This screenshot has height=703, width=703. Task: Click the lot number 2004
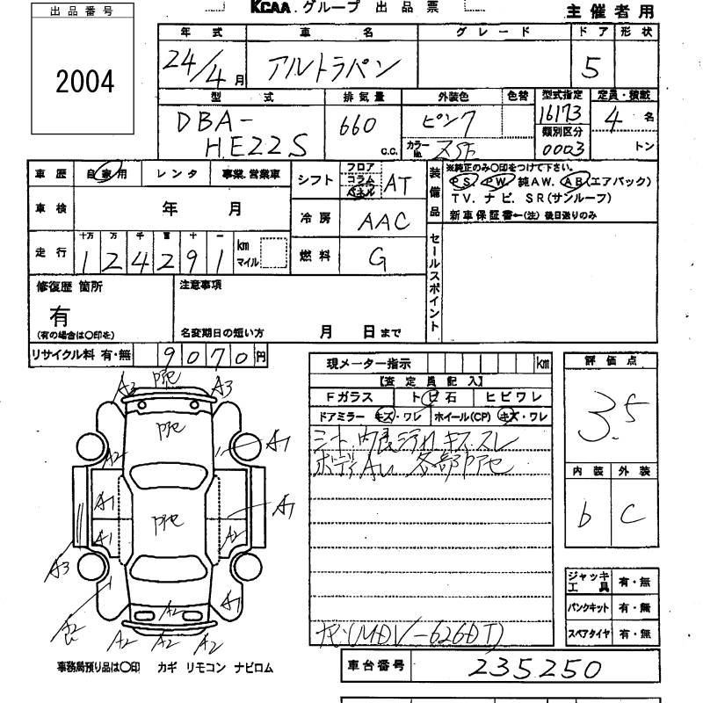click(x=86, y=82)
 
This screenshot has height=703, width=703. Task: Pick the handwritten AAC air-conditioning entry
click(x=383, y=221)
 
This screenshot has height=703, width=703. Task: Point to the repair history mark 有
click(x=60, y=315)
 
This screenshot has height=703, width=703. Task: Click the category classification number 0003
click(x=563, y=146)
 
